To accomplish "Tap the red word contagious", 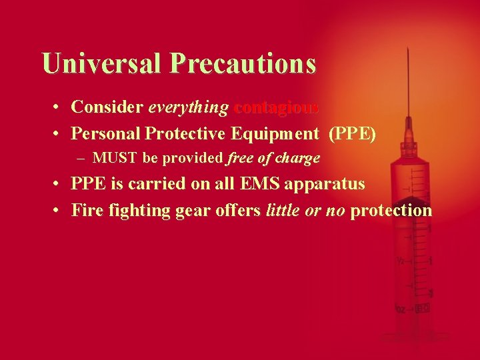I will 277,107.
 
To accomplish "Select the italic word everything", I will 189,107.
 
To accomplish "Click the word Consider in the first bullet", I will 107,107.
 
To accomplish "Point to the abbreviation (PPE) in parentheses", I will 352,133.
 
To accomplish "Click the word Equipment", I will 275,133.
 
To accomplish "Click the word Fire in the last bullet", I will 85,211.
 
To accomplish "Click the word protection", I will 391,211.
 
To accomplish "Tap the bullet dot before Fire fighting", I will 59,211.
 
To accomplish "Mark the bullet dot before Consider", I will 59,107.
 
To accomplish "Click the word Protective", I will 186,133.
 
